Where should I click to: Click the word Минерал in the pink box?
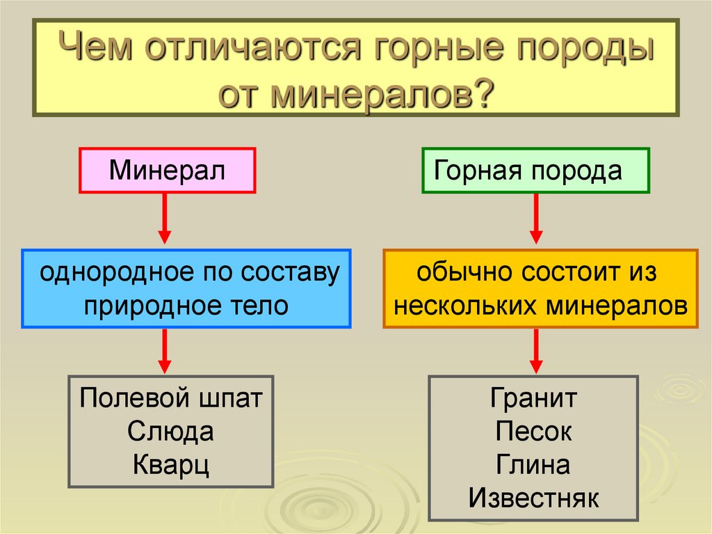[x=167, y=170]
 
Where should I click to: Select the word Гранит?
[x=533, y=400]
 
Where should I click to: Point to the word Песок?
[x=533, y=432]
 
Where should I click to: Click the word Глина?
[x=533, y=464]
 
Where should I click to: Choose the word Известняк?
[x=533, y=497]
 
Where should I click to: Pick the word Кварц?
[x=170, y=464]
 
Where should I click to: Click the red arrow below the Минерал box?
[x=165, y=219]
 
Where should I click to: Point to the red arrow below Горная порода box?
[x=536, y=219]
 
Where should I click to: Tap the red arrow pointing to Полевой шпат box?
[x=165, y=351]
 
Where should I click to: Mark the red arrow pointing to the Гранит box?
[x=536, y=351]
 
